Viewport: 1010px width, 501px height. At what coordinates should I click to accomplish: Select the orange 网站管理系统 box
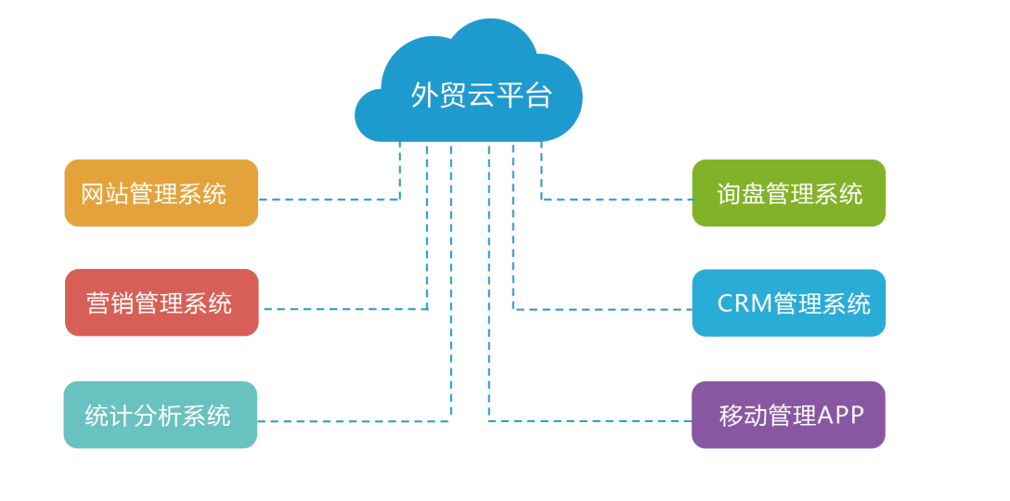[161, 193]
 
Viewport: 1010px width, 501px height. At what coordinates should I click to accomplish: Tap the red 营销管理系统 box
[162, 302]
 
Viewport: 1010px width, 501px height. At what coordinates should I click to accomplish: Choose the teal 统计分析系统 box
[160, 415]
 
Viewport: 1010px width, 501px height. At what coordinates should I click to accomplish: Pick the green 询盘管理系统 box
[788, 193]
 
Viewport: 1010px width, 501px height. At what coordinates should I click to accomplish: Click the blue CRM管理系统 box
[788, 302]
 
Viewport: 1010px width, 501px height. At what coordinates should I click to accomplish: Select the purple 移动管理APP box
[788, 415]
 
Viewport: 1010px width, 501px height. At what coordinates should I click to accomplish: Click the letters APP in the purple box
[841, 415]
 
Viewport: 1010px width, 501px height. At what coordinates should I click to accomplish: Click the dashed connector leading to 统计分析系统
[353, 421]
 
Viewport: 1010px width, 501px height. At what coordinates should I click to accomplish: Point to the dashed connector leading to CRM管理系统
[603, 309]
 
